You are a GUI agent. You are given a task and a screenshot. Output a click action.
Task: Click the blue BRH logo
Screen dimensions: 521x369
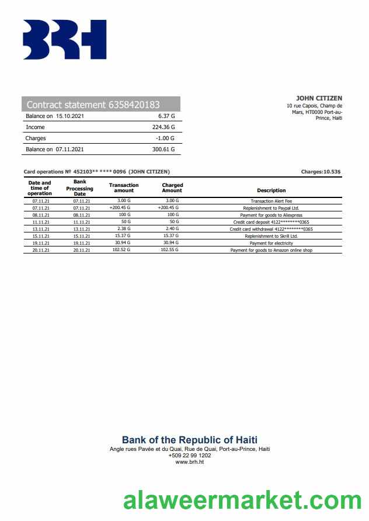click(x=64, y=40)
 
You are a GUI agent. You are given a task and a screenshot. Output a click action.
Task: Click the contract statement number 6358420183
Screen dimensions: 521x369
click(x=134, y=105)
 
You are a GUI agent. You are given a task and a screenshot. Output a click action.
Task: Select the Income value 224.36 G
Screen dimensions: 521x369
click(x=163, y=127)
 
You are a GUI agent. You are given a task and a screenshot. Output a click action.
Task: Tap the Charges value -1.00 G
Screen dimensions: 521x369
click(x=165, y=138)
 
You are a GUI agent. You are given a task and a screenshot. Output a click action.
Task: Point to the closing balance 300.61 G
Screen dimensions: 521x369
click(x=163, y=150)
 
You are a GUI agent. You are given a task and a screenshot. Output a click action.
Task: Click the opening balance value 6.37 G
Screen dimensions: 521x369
click(x=166, y=116)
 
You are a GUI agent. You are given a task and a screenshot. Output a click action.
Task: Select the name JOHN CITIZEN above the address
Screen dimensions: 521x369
click(x=319, y=98)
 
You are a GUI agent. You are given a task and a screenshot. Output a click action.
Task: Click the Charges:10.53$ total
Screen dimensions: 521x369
click(x=321, y=172)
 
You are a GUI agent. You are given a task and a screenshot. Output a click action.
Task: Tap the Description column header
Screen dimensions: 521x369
click(x=271, y=190)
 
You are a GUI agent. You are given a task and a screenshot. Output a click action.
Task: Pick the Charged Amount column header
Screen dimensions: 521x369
click(x=172, y=187)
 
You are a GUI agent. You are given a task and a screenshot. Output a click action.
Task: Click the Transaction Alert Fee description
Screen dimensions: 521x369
click(x=271, y=201)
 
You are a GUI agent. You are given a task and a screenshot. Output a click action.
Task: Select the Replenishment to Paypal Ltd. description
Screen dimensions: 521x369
click(x=271, y=208)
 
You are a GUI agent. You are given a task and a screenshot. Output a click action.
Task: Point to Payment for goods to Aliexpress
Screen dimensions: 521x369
click(x=271, y=215)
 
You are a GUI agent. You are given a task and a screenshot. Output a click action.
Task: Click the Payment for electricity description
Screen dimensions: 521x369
click(x=271, y=243)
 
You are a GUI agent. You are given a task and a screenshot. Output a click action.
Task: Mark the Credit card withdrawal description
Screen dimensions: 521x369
click(x=271, y=229)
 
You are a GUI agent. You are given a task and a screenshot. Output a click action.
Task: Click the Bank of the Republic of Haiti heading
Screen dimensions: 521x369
click(x=190, y=440)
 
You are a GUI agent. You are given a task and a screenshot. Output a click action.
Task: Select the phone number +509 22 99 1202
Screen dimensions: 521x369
click(x=190, y=455)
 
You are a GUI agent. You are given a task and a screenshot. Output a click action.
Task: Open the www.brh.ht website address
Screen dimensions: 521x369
click(x=190, y=462)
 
